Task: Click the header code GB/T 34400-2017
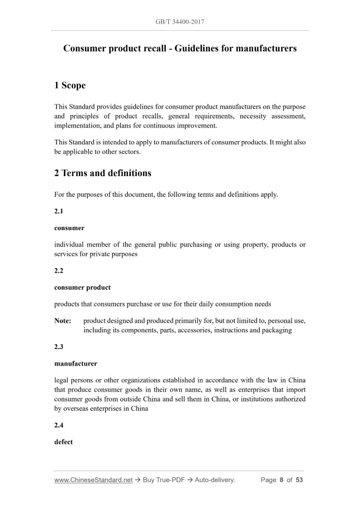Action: (x=180, y=22)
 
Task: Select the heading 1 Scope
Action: (x=70, y=85)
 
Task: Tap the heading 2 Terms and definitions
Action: (x=103, y=173)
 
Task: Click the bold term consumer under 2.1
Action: (x=69, y=228)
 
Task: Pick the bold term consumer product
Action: (x=82, y=287)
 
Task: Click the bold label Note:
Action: (x=63, y=321)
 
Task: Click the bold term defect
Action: (x=63, y=442)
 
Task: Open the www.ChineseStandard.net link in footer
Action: (x=94, y=480)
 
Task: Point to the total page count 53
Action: (x=299, y=480)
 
